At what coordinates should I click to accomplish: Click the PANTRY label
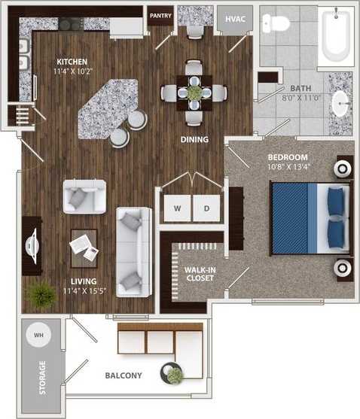tap(160, 14)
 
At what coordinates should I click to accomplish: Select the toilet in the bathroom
tap(279, 23)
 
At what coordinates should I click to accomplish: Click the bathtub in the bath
tap(334, 35)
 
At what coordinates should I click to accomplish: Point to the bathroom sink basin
tap(340, 104)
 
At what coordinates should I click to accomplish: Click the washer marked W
tap(177, 208)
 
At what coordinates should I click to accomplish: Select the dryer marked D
tap(206, 208)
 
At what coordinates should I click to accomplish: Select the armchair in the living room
tap(83, 196)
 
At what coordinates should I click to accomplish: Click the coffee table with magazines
tap(84, 247)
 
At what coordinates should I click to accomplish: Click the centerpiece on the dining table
tap(194, 93)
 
